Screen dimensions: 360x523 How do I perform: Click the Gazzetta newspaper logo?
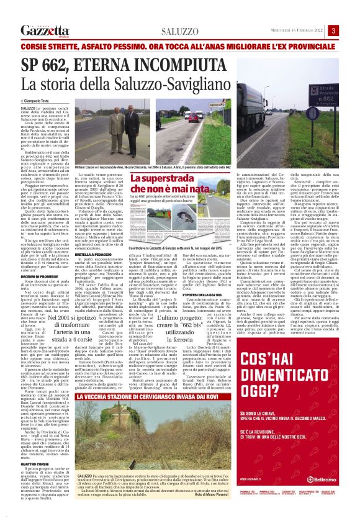(x=42, y=31)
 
